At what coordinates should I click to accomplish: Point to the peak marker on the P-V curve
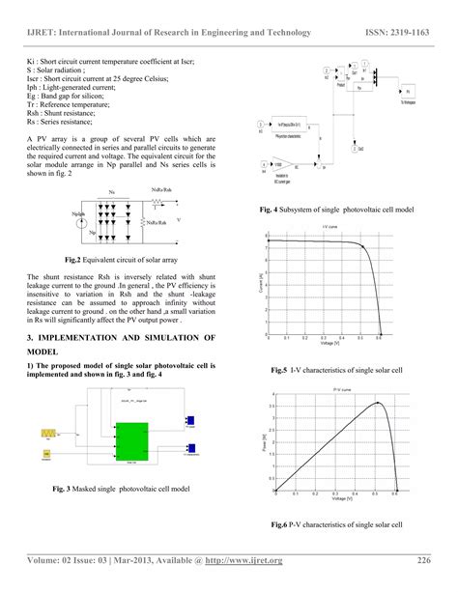(379, 403)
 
